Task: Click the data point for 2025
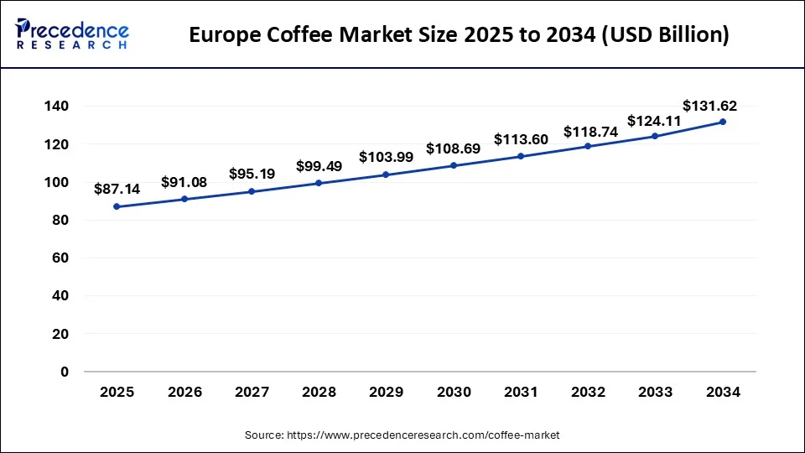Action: tap(117, 206)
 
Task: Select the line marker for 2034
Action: tap(723, 122)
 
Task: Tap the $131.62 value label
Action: tap(709, 106)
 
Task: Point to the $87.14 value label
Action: tap(117, 190)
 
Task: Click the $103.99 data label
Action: tap(386, 157)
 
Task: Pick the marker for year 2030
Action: tap(454, 165)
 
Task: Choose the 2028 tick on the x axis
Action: tap(319, 393)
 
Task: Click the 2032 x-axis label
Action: tap(588, 393)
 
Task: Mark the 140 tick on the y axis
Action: tap(57, 107)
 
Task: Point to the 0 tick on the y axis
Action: tap(65, 372)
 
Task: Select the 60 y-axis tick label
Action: tap(60, 258)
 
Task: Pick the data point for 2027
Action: tap(252, 191)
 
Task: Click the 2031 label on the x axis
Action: tap(521, 393)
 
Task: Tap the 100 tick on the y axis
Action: tap(57, 182)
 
